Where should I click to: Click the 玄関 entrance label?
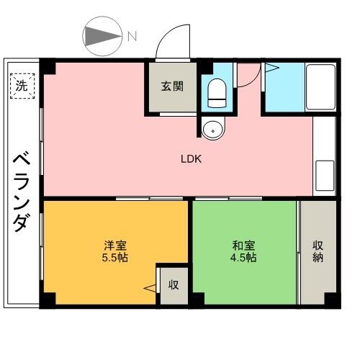172,86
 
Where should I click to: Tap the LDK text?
191,159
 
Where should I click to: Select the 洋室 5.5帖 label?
115,251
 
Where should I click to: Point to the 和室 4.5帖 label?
243,251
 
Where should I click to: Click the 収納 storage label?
318,251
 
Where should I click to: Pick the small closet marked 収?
174,286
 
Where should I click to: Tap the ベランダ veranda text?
22,192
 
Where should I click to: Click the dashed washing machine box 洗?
22,86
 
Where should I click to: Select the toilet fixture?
217,93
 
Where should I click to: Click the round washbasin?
213,128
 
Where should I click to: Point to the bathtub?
320,87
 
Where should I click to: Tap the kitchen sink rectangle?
325,175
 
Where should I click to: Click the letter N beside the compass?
132,36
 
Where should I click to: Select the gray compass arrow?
103,36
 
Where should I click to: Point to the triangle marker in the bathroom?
272,68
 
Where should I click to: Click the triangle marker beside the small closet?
150,288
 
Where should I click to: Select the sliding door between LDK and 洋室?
150,199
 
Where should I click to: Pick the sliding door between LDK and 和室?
229,199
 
